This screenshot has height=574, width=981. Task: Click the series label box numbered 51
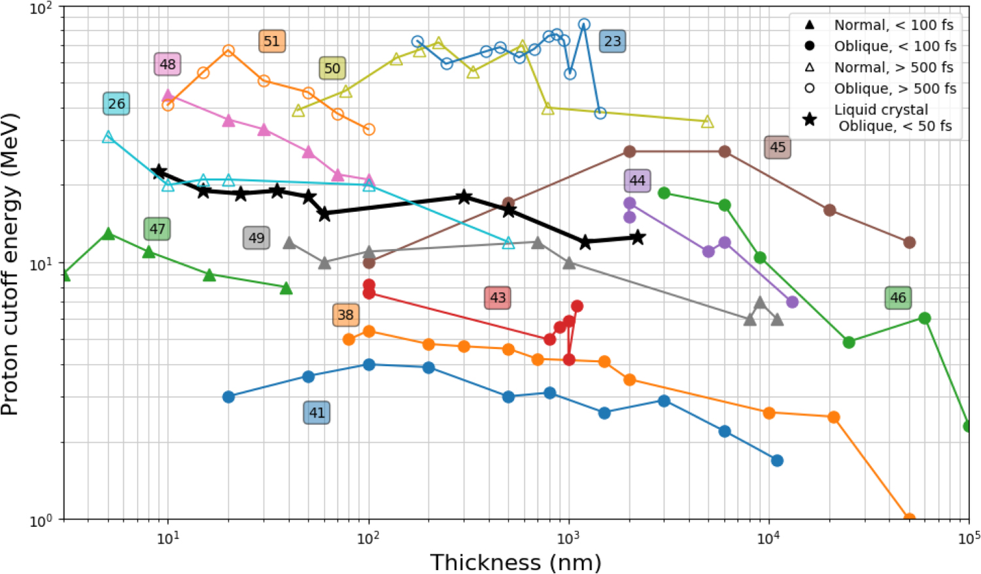271,41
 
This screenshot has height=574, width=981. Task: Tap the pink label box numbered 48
168,64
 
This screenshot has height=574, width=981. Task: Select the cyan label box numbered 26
116,103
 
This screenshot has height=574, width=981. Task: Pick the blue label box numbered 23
612,41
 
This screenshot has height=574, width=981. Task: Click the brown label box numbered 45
778,147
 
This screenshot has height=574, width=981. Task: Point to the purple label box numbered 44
637,180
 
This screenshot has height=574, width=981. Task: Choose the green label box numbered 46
898,297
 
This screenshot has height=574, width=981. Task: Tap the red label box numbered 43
498,297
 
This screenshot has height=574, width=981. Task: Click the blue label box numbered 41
317,413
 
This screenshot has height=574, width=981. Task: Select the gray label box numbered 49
256,238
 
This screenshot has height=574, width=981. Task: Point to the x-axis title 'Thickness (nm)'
515,562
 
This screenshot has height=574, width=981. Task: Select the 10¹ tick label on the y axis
44,263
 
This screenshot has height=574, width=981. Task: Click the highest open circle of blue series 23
584,25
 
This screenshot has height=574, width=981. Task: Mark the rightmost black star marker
638,238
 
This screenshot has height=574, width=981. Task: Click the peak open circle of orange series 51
228,50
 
